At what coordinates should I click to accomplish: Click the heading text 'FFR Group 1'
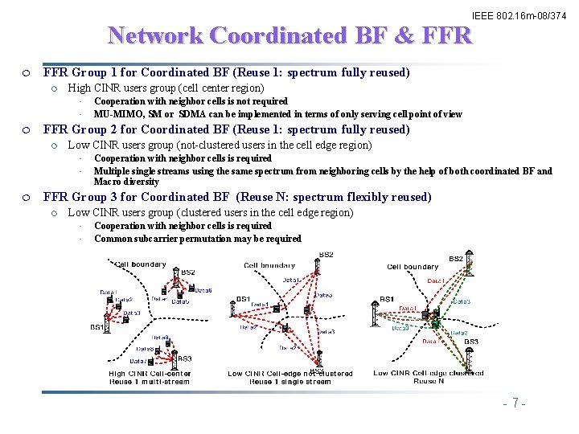(76, 72)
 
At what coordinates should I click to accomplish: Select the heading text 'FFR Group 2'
(76, 129)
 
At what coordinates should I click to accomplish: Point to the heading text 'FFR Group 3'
(76, 197)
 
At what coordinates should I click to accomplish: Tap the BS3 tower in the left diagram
(170, 350)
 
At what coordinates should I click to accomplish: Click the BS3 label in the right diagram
(470, 342)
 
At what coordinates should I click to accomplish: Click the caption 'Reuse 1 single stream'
(289, 381)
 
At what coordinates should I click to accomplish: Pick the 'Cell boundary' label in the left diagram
(142, 264)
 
